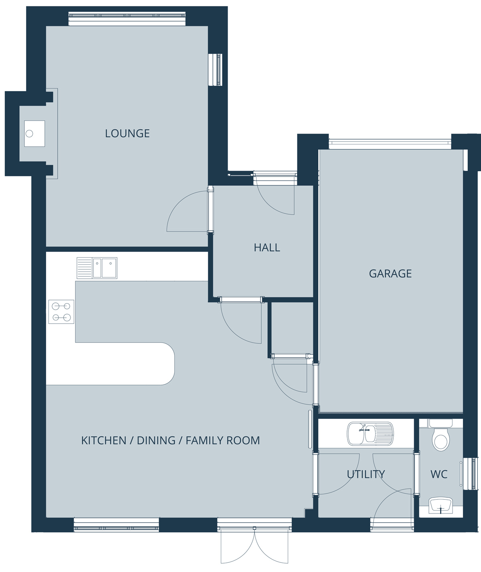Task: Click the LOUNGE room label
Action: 127,134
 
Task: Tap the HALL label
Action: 267,247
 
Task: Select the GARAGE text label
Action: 390,274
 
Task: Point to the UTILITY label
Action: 366,474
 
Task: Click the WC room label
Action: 439,474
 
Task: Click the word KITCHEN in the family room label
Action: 104,440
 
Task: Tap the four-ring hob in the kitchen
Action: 61,312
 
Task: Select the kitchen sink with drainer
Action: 97,268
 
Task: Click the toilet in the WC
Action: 441,436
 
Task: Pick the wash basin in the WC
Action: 441,506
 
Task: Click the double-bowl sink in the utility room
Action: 370,434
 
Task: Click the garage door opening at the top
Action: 390,142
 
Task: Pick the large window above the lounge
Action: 127,18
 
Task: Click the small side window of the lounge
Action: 216,69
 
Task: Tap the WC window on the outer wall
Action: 474,474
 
